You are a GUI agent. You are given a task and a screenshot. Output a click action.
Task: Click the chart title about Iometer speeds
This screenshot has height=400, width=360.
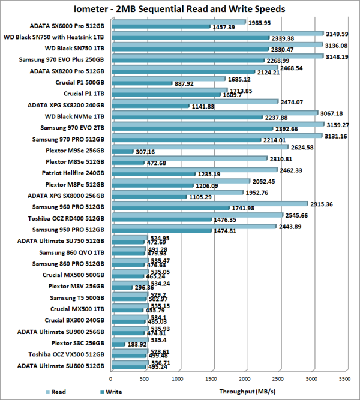pos(179,9)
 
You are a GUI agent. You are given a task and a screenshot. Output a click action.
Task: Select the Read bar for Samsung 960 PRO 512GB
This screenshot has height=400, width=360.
pos(209,204)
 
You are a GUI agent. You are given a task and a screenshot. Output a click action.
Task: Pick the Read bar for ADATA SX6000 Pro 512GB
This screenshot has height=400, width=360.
pos(178,22)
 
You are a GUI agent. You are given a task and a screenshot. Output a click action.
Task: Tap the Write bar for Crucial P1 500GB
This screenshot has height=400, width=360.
pos(141,83)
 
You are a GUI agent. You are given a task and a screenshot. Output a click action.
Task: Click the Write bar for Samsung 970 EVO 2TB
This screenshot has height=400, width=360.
pos(191,128)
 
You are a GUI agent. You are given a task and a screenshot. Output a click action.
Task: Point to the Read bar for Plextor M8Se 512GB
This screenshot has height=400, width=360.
pos(189,159)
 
